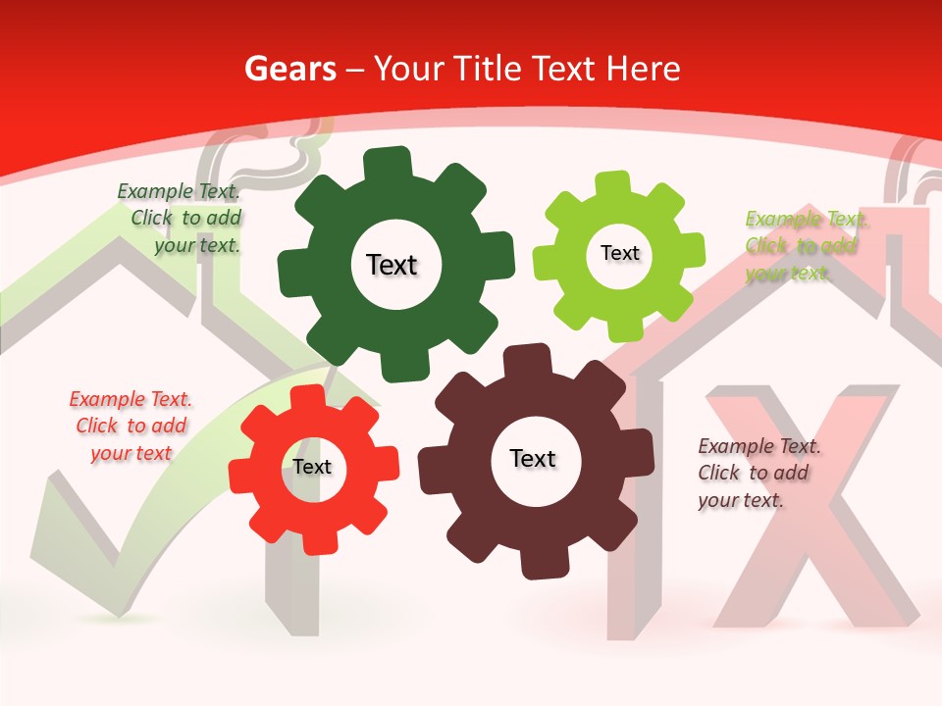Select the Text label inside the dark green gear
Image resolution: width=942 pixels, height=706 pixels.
[x=392, y=265]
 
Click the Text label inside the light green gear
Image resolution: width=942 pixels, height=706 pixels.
[x=619, y=253]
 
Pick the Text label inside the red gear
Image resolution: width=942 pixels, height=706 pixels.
[x=312, y=467]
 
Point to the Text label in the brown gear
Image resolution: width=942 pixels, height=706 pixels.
[x=533, y=458]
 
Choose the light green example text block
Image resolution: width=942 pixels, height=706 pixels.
[x=806, y=245]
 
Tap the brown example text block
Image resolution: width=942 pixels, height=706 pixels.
[x=759, y=473]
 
